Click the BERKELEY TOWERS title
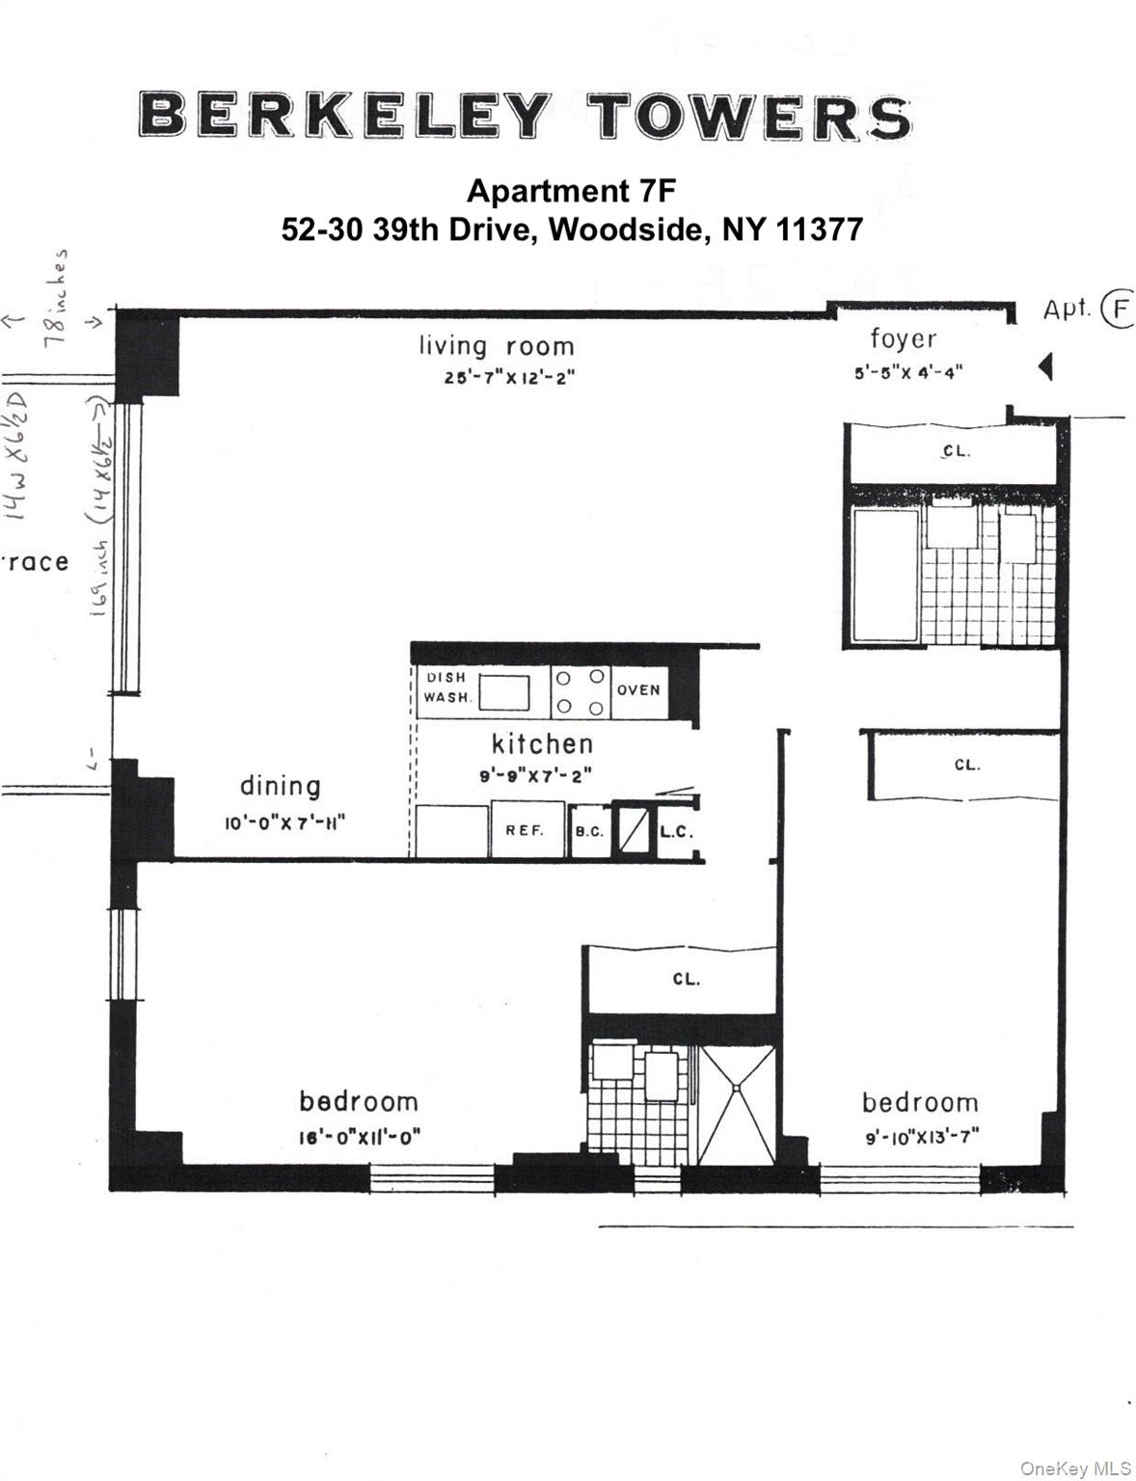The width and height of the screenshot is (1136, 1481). [525, 117]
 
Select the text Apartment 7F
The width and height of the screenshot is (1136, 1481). [571, 191]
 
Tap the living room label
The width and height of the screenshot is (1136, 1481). [496, 345]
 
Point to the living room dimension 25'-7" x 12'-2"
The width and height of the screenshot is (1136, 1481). [509, 378]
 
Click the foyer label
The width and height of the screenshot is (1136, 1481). [903, 338]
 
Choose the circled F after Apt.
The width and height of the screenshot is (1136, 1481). [1120, 310]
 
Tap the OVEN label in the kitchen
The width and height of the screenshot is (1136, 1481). [638, 690]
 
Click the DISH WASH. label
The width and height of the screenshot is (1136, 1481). [446, 687]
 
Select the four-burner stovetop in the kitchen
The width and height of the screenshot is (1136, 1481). [581, 692]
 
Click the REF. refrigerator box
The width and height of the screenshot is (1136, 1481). [526, 829]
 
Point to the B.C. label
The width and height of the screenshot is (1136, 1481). [589, 831]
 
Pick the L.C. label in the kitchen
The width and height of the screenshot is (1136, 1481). [676, 831]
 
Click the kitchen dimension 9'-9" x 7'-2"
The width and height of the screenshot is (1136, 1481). [536, 775]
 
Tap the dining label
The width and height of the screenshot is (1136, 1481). [280, 786]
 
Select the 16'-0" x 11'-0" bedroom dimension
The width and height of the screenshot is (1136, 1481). [360, 1137]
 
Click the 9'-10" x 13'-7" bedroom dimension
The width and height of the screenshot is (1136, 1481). [922, 1137]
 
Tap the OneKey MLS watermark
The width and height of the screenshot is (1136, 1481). [1074, 1468]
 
